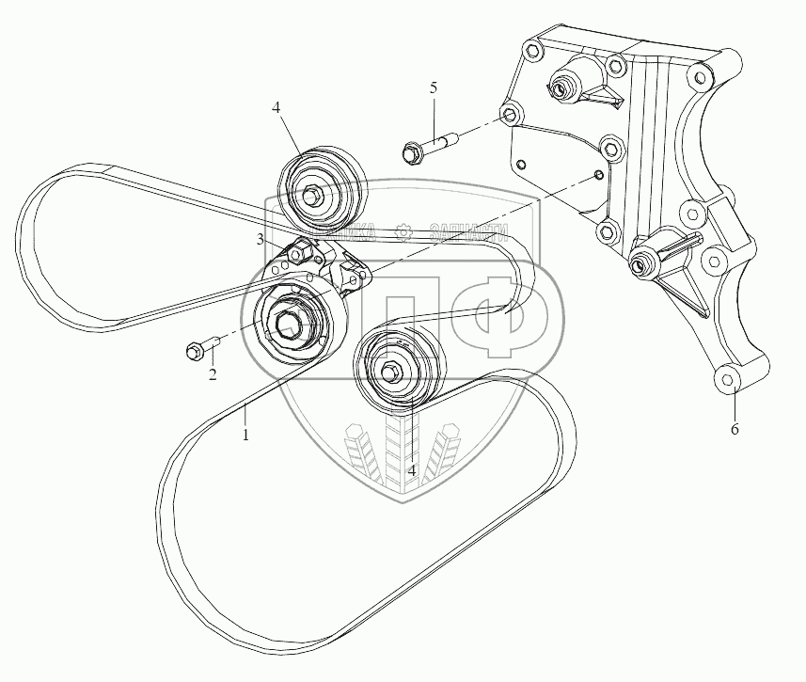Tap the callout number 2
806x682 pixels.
pyautogui.click(x=213, y=374)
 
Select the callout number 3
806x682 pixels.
pyautogui.click(x=261, y=241)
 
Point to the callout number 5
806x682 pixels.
pyautogui.click(x=434, y=87)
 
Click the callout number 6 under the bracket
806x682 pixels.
pyautogui.click(x=735, y=429)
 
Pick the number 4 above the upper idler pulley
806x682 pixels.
pyautogui.click(x=277, y=108)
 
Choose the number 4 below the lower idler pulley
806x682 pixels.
pyautogui.click(x=411, y=468)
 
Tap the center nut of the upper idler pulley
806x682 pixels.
pyautogui.click(x=311, y=195)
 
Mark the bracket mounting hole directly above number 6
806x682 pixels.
pyautogui.click(x=726, y=379)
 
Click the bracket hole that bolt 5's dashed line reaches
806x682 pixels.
pyautogui.click(x=510, y=115)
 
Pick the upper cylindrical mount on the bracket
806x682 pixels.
pyautogui.click(x=574, y=84)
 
